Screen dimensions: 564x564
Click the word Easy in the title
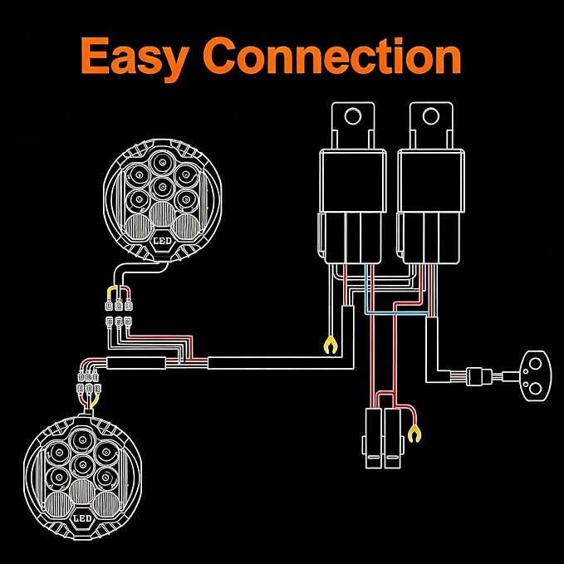pyautogui.click(x=135, y=57)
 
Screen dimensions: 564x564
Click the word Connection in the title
pyautogui.click(x=331, y=56)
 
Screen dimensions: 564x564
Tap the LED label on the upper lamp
pyautogui.click(x=162, y=241)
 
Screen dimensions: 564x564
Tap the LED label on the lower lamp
pyautogui.click(x=82, y=518)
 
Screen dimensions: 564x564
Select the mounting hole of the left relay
pyautogui.click(x=352, y=116)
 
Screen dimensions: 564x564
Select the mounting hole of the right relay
pyautogui.click(x=430, y=116)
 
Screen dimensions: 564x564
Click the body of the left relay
pyautogui.click(x=352, y=181)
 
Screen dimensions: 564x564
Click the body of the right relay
pyautogui.click(x=431, y=181)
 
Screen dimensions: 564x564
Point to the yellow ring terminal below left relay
pyautogui.click(x=331, y=345)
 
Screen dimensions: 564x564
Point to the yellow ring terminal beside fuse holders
pyautogui.click(x=414, y=434)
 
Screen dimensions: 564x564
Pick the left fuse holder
pyautogui.click(x=372, y=439)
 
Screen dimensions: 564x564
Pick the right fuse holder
pyautogui.click(x=393, y=439)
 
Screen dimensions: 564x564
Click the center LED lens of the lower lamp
pyautogui.click(x=82, y=465)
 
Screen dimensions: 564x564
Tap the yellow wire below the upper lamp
pyautogui.click(x=110, y=292)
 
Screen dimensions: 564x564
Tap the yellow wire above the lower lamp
pyautogui.click(x=95, y=400)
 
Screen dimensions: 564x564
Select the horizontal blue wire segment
pyautogui.click(x=396, y=314)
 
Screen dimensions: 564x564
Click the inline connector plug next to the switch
pyautogui.click(x=479, y=376)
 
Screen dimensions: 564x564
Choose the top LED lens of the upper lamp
pyautogui.click(x=163, y=162)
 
